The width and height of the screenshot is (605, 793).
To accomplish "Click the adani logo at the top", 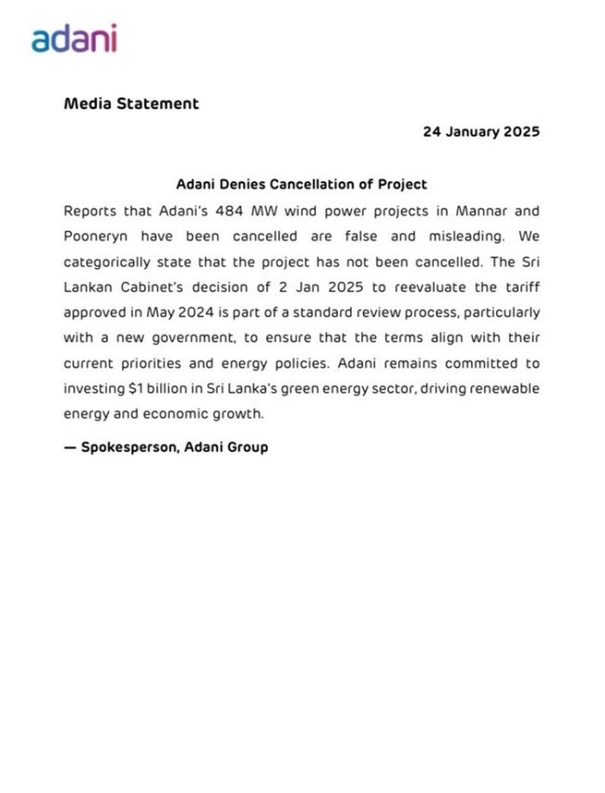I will pyautogui.click(x=74, y=38).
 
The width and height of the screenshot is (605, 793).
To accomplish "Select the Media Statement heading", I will pyautogui.click(x=131, y=103).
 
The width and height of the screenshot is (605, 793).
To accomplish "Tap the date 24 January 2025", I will pyautogui.click(x=481, y=132).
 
